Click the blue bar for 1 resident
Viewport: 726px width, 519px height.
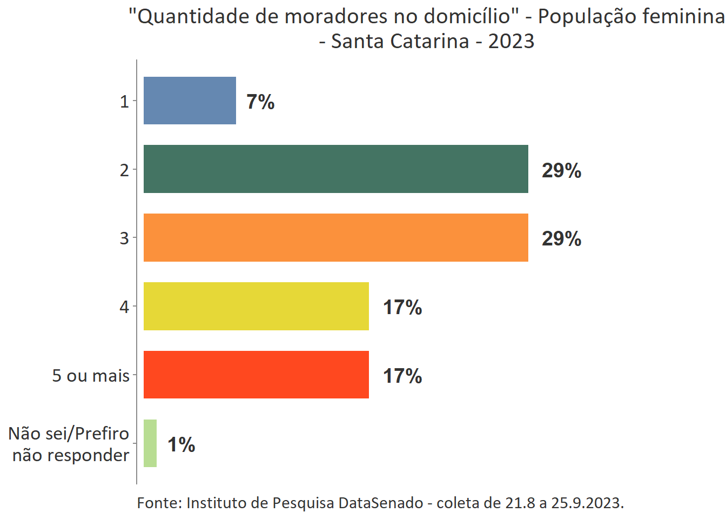[x=190, y=101]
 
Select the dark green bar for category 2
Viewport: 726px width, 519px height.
[x=335, y=169]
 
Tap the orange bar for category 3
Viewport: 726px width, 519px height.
[x=335, y=237]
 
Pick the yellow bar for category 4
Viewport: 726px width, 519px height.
[x=256, y=306]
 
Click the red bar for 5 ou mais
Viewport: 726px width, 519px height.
[x=256, y=375]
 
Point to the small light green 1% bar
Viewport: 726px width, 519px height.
[x=150, y=443]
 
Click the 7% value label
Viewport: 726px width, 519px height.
[x=260, y=102]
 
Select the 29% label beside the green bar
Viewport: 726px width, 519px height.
[x=561, y=170]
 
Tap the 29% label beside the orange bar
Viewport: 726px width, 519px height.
[x=561, y=238]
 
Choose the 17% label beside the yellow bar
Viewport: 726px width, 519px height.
[x=402, y=307]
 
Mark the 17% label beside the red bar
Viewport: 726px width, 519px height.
[x=402, y=376]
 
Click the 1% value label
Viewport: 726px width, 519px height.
[x=181, y=444]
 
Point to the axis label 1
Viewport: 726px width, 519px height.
[x=124, y=101]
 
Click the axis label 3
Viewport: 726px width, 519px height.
[x=124, y=238]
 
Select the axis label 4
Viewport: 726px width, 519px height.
[x=124, y=307]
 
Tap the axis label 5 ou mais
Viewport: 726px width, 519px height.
[x=91, y=375]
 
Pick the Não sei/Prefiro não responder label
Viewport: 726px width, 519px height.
[x=69, y=444]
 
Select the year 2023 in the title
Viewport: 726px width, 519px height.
[x=511, y=41]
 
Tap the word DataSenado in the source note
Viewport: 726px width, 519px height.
[x=380, y=503]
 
